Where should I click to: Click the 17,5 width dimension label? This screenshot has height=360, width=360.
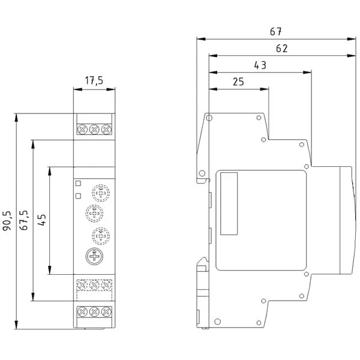pyautogui.click(x=94, y=80)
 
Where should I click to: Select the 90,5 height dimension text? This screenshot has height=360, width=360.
pyautogui.click(x=7, y=220)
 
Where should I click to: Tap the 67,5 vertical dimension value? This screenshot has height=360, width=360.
pyautogui.click(x=23, y=220)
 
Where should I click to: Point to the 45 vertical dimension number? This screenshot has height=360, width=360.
pyautogui.click(x=41, y=220)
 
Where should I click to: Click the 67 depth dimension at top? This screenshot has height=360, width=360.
pyautogui.click(x=275, y=32)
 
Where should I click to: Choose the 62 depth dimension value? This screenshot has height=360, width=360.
pyautogui.click(x=282, y=49)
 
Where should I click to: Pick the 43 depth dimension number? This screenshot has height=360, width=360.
pyautogui.click(x=260, y=65)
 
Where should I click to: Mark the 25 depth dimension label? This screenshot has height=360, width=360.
pyautogui.click(x=238, y=82)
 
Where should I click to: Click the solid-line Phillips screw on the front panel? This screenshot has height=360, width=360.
pyautogui.click(x=94, y=256)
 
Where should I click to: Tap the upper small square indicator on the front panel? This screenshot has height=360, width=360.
pyautogui.click(x=78, y=183)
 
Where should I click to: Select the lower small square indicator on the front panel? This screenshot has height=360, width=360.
pyautogui.click(x=78, y=196)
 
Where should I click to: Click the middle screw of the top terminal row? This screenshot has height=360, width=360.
pyautogui.click(x=94, y=130)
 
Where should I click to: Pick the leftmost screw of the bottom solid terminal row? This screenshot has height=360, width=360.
pyautogui.click(x=82, y=311)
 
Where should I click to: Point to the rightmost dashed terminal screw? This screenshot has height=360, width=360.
pyautogui.click(x=106, y=285)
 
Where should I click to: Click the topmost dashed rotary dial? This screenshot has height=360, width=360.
pyautogui.click(x=101, y=193)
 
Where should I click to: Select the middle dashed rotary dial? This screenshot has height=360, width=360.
pyautogui.click(x=94, y=214)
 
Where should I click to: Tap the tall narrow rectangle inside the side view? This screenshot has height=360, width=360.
pyautogui.click(x=229, y=203)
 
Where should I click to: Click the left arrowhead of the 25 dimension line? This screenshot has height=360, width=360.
pyautogui.click(x=213, y=89)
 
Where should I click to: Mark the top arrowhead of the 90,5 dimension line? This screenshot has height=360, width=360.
pyautogui.click(x=16, y=118)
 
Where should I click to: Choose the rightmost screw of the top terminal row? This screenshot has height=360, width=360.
pyautogui.click(x=106, y=130)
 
